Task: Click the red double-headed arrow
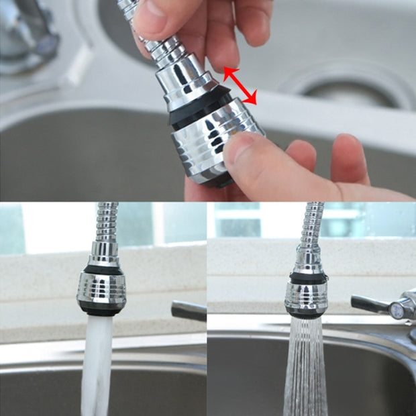(240, 85)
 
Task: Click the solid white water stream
(98, 362)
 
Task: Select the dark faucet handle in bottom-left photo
(189, 310)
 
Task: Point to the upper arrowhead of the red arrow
(227, 70)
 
